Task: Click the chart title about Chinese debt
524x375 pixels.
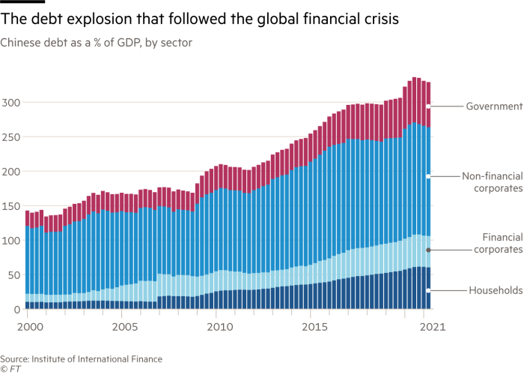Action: (x=97, y=43)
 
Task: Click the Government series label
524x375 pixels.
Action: (x=494, y=106)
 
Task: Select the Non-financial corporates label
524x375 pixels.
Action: (x=491, y=182)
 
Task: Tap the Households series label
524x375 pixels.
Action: (x=495, y=290)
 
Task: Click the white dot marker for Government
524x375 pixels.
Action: (x=428, y=106)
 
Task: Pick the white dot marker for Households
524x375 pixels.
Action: (x=428, y=290)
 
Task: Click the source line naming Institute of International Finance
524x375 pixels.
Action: (x=82, y=359)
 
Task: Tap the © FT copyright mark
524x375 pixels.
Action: (x=10, y=369)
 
